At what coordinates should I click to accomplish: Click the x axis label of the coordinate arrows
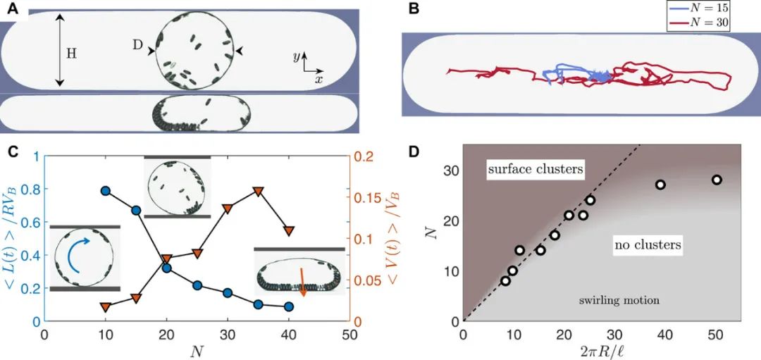[319, 80]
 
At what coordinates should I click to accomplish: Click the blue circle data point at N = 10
[106, 191]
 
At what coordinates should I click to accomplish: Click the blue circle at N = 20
[167, 268]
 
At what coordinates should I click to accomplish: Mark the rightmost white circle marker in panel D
[717, 180]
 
